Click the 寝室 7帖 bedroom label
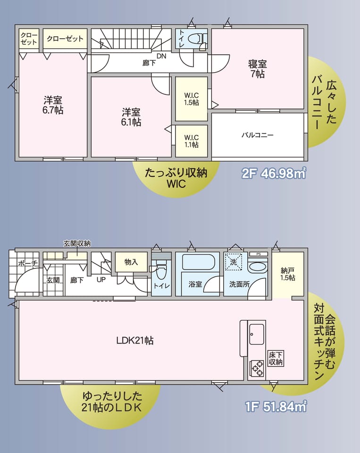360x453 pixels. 257,69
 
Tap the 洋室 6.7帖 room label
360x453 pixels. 53,105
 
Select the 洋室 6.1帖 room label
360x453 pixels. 131,117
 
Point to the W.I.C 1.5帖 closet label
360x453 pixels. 192,99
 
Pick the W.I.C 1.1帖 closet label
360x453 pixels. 192,141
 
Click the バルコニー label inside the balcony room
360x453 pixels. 258,135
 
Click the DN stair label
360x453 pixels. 161,56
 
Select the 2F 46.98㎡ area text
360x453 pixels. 274,173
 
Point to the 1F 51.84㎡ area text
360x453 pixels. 276,406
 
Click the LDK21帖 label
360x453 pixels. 135,341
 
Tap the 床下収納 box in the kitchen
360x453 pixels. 276,359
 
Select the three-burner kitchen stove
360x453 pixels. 257,369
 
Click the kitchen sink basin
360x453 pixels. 257,334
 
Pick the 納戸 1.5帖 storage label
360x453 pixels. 288,274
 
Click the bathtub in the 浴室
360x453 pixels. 198,262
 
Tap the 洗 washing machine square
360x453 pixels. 233,262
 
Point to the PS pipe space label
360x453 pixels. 258,254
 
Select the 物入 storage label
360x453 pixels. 131,262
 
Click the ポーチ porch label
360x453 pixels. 27,263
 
